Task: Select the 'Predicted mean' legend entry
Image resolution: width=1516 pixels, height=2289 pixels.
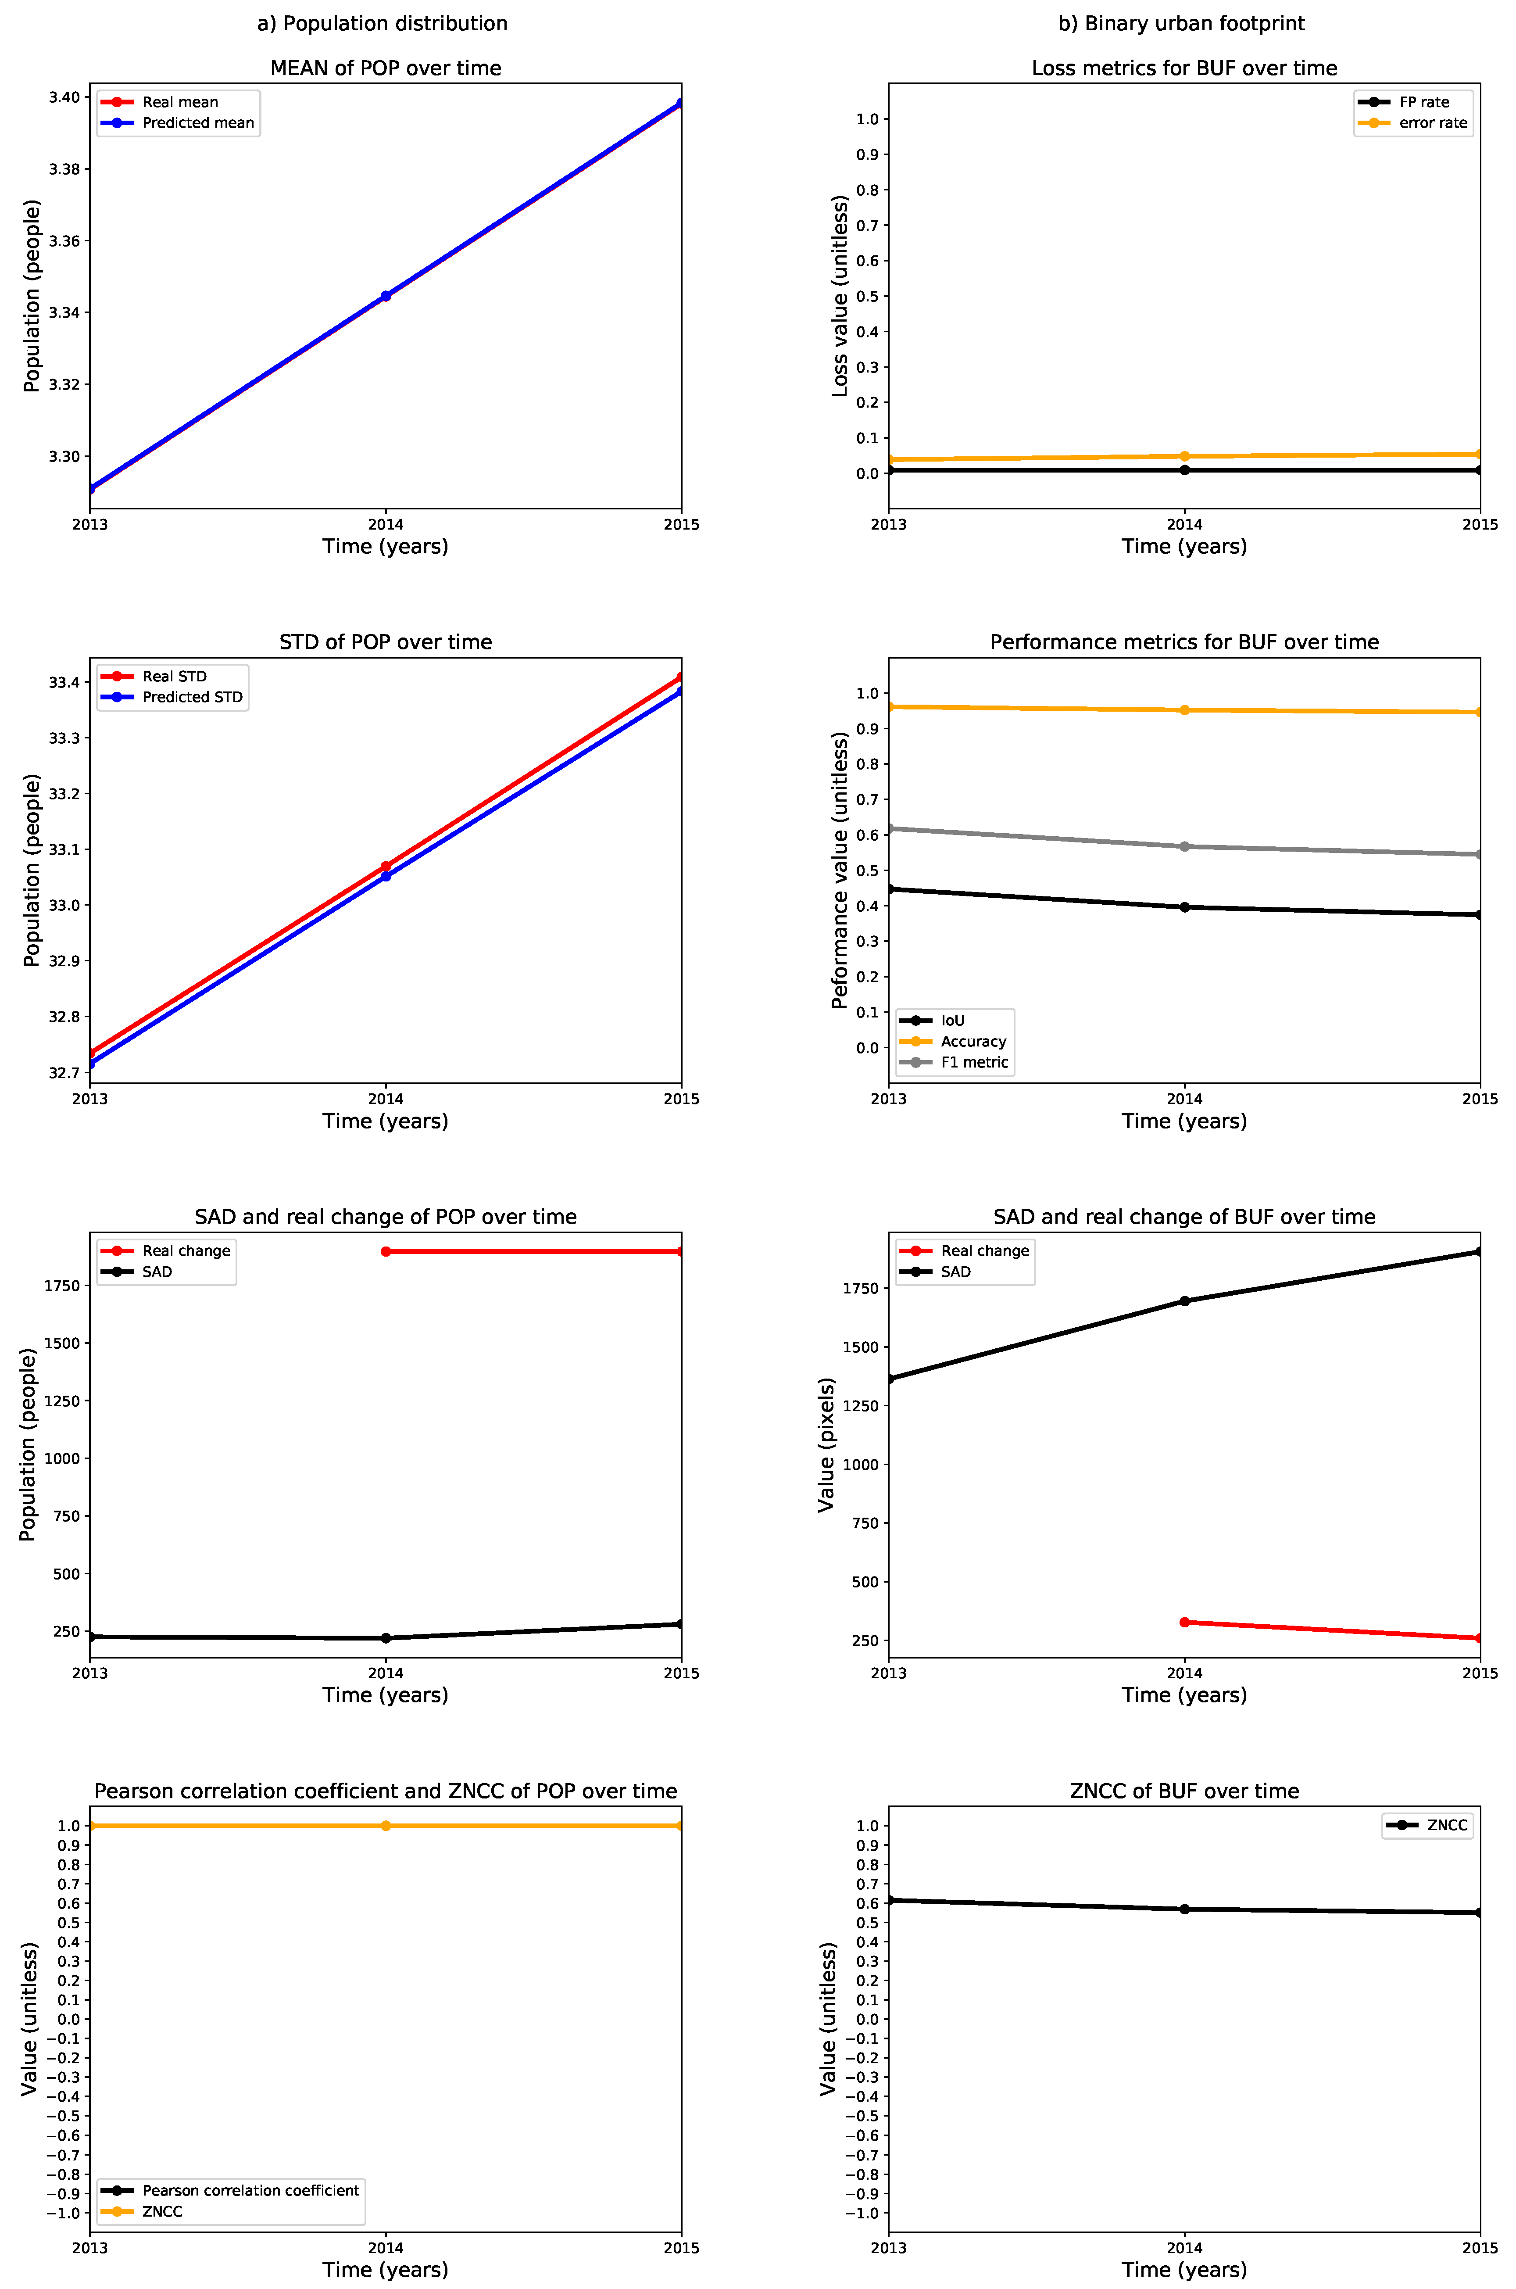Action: point(197,123)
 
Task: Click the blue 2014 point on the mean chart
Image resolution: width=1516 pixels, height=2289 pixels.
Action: point(386,296)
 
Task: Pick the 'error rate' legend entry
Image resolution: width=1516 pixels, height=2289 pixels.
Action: point(1432,123)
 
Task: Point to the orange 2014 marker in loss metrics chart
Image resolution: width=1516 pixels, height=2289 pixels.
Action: point(1184,456)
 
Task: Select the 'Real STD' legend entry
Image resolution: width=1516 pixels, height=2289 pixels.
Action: point(174,676)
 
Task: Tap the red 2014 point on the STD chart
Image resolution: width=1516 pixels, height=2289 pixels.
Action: point(386,867)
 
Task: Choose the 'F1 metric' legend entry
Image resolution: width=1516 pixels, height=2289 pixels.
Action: point(974,1062)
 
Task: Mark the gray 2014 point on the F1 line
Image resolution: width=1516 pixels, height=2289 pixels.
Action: point(1184,846)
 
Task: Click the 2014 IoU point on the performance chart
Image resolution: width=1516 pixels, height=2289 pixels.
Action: point(1184,907)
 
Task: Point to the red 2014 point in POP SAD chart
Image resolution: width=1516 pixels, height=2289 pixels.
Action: point(386,1251)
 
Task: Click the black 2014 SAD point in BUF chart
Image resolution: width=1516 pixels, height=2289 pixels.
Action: point(1184,1300)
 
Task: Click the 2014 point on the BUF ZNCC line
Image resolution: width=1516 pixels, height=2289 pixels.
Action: point(1184,1909)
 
